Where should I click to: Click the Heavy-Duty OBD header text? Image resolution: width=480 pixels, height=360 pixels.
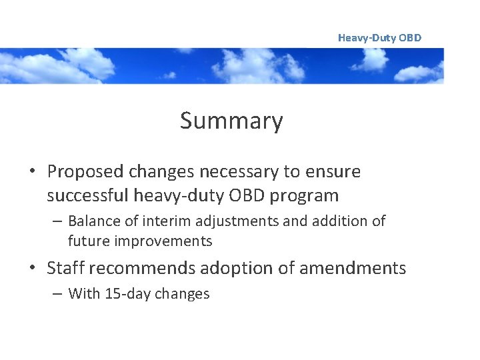379,38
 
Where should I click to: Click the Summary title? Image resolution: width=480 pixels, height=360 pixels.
231,121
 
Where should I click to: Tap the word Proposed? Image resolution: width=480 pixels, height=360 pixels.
85,172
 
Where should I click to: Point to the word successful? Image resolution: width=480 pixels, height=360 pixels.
87,196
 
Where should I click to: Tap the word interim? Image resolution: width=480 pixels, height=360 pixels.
162,221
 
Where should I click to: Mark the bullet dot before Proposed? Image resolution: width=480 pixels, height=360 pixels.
33,173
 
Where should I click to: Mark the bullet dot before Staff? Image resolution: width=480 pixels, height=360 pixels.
33,269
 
